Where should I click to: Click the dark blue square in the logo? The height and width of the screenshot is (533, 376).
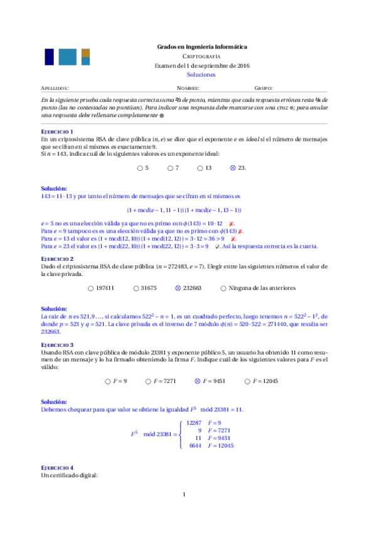[49, 57]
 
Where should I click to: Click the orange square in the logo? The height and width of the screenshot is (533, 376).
[86, 53]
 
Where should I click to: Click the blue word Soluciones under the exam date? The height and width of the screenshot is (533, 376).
[201, 74]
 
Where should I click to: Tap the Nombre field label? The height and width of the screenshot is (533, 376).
[188, 89]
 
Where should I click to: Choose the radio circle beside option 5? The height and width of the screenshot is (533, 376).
[139, 168]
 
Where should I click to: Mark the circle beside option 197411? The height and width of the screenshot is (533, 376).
[91, 288]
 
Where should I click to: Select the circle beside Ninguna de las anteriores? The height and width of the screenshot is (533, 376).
[224, 288]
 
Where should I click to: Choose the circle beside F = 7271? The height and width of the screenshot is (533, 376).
[148, 381]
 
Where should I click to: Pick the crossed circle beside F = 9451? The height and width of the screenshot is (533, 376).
[198, 381]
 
